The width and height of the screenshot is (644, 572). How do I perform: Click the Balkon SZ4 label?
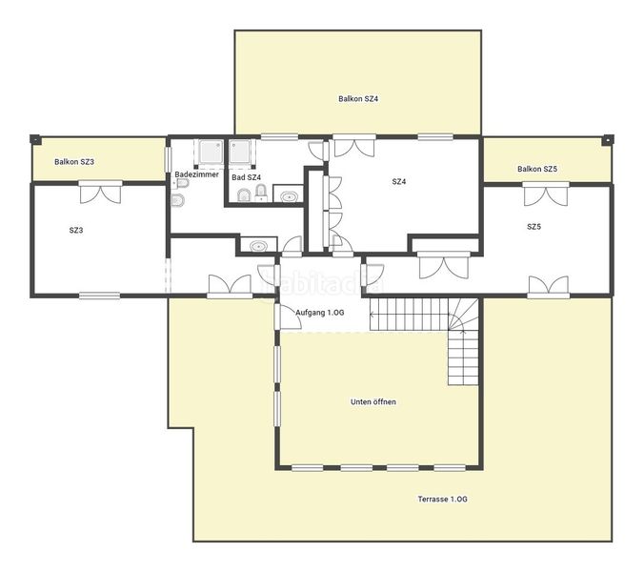(x=358, y=98)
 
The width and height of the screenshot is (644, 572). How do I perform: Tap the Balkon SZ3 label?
(x=74, y=162)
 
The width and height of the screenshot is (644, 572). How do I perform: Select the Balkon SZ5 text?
(x=537, y=169)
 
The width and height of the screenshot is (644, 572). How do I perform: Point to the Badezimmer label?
(x=197, y=174)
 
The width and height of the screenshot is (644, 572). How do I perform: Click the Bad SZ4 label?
(x=247, y=177)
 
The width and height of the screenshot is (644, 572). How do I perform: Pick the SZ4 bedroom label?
(x=399, y=182)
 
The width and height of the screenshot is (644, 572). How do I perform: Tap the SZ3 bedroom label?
(x=76, y=230)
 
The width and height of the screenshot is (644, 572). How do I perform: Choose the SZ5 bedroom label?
(x=533, y=227)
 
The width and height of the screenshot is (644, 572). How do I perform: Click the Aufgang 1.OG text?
(x=320, y=313)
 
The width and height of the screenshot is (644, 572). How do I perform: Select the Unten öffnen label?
(x=373, y=402)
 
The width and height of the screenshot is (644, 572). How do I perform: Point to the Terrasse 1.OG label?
(x=443, y=500)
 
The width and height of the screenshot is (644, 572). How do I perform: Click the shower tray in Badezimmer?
(x=211, y=152)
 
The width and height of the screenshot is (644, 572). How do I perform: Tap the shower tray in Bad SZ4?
(x=239, y=152)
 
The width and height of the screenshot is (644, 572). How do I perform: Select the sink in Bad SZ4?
(x=290, y=196)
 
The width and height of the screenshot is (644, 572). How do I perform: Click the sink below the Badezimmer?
(x=258, y=246)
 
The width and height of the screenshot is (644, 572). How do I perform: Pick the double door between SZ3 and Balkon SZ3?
(x=101, y=193)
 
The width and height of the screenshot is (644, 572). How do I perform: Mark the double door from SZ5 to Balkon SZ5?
(x=546, y=194)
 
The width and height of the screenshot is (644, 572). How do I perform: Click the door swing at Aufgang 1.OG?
(x=290, y=317)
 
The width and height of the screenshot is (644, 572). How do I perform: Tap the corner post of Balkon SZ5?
(x=608, y=140)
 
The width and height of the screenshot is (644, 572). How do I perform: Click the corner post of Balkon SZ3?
(x=36, y=140)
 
